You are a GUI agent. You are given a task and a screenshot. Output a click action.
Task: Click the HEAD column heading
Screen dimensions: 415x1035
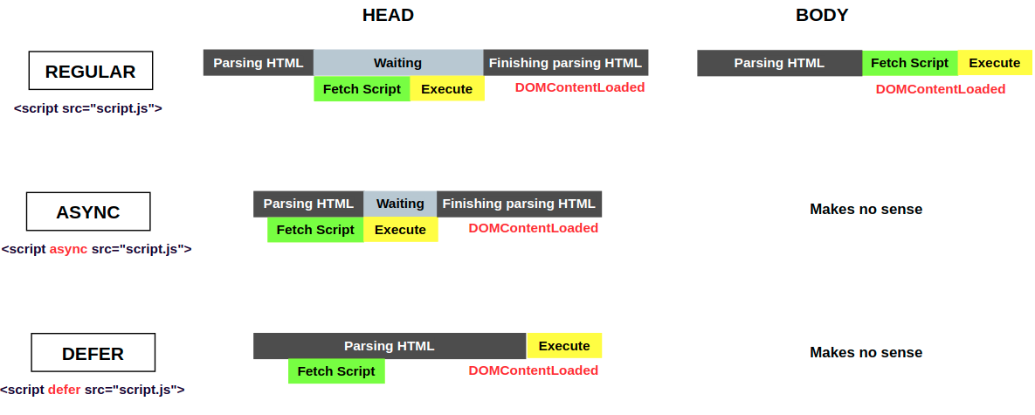pyautogui.click(x=388, y=15)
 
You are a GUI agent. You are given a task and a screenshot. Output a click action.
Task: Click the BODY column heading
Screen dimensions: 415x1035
pyautogui.click(x=821, y=15)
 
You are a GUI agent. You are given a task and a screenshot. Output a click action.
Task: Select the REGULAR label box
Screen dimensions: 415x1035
pyautogui.click(x=90, y=71)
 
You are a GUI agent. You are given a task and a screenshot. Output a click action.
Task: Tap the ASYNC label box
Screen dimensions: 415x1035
pyautogui.click(x=87, y=212)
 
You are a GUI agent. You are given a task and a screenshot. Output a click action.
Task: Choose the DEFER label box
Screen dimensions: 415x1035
pyautogui.click(x=93, y=353)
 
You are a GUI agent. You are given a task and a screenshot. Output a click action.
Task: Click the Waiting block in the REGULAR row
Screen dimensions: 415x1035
pyautogui.click(x=397, y=63)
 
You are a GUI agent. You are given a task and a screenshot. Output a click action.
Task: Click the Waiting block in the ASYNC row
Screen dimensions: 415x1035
pyautogui.click(x=400, y=204)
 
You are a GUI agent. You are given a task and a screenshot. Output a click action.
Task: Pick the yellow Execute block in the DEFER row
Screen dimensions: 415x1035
pyautogui.click(x=563, y=346)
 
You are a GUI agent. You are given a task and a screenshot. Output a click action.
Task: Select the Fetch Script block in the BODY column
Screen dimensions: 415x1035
pyautogui.click(x=909, y=63)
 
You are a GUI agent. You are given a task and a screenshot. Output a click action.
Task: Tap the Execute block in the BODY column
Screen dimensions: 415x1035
pyautogui.click(x=994, y=63)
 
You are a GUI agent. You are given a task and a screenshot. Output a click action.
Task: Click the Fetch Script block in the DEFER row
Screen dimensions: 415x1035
pyautogui.click(x=335, y=371)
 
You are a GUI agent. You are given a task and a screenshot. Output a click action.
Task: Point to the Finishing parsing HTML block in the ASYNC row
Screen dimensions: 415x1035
pyautogui.click(x=519, y=204)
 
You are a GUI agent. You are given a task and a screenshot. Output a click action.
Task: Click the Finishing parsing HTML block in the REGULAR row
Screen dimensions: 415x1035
pyautogui.click(x=565, y=63)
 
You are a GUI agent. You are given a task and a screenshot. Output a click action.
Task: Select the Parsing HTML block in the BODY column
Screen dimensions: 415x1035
pyautogui.click(x=779, y=63)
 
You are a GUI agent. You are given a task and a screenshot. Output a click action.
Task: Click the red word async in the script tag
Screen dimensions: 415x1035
pyautogui.click(x=68, y=249)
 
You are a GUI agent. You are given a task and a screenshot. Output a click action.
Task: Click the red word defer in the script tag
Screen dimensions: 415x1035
pyautogui.click(x=64, y=390)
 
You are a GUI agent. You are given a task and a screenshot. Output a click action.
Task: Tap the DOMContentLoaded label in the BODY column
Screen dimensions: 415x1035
pyautogui.click(x=940, y=89)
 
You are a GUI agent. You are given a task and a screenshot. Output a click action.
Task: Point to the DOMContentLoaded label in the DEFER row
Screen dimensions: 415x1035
pyautogui.click(x=533, y=370)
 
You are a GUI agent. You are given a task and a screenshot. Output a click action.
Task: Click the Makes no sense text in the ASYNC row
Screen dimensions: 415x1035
pyautogui.click(x=866, y=209)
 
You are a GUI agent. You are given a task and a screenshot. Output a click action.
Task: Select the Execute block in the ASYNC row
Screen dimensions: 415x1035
pyautogui.click(x=400, y=230)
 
